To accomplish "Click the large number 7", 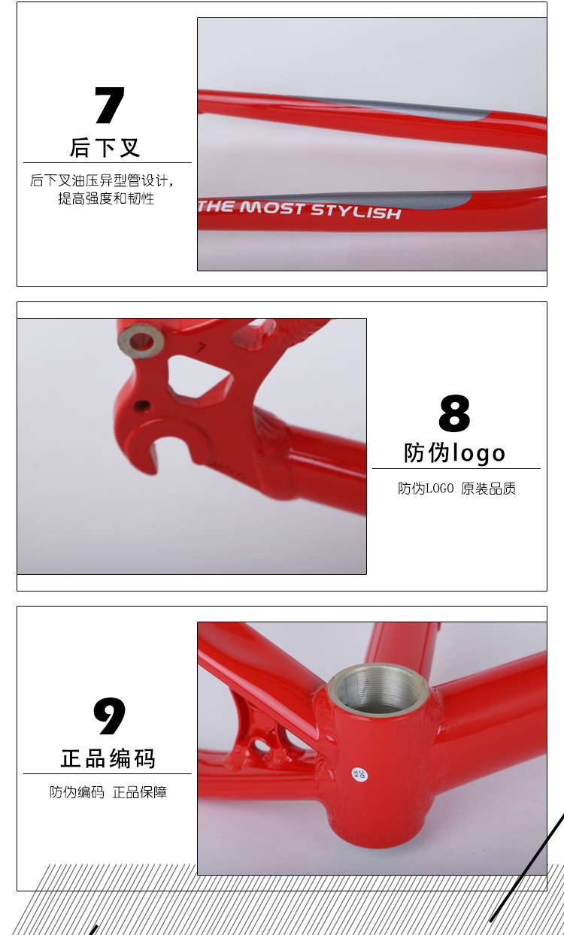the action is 110,105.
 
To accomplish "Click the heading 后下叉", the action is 105,147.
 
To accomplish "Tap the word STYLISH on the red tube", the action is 356,211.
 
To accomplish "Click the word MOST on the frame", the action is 271,207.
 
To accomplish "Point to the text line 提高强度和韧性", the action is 106,198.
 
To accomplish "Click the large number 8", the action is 454,413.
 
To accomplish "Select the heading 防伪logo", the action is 454,453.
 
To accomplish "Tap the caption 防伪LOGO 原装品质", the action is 456,489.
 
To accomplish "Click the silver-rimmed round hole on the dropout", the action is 141,340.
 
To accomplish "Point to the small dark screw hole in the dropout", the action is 142,405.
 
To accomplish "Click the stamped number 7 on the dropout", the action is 202,347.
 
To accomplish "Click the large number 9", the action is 110,716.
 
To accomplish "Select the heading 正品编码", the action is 108,758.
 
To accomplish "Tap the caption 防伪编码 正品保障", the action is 108,792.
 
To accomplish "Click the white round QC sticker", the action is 359,775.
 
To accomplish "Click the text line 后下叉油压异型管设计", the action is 102,180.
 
